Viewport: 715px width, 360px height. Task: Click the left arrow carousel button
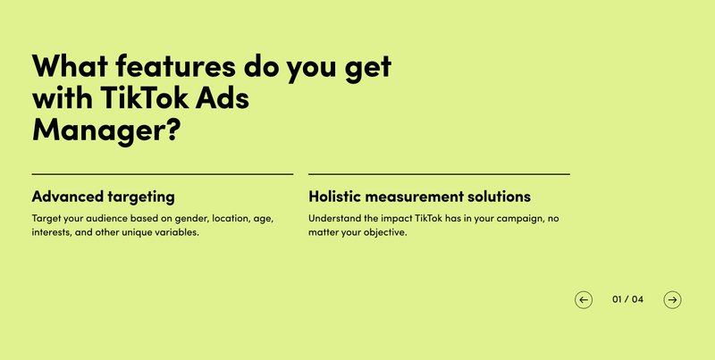584,300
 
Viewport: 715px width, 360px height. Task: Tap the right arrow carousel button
672,300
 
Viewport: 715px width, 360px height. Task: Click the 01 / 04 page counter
627,299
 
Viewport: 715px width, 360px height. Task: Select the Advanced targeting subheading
103,197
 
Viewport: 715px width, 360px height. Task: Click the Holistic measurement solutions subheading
419,197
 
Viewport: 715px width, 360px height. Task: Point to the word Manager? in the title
106,130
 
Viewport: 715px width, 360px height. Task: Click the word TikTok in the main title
144,97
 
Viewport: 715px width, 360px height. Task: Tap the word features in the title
175,65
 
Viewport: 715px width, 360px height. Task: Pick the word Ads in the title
223,97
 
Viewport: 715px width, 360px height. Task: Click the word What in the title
70,65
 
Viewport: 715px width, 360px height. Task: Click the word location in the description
231,218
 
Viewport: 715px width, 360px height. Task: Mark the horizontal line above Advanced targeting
163,174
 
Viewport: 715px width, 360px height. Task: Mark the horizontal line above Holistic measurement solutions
439,174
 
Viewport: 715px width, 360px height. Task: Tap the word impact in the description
397,219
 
